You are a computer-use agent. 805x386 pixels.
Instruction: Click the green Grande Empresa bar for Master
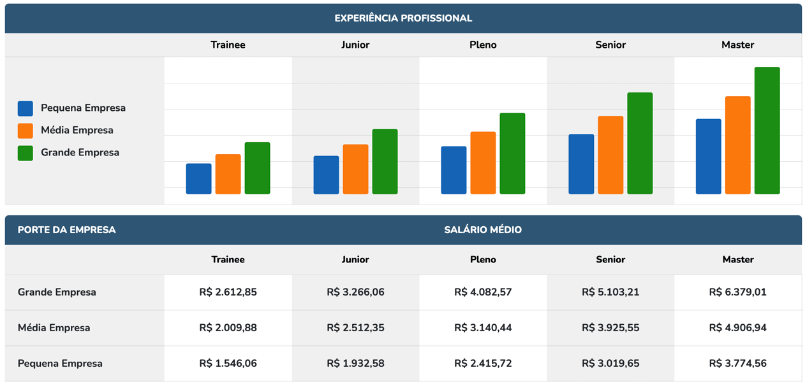point(767,131)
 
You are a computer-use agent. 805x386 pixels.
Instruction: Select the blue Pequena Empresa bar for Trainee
point(198,179)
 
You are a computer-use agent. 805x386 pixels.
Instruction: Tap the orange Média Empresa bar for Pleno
point(483,163)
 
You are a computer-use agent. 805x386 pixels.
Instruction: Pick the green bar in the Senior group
point(639,143)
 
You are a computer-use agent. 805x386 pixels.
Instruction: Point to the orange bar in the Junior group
point(355,169)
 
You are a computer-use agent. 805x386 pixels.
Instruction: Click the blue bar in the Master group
point(708,157)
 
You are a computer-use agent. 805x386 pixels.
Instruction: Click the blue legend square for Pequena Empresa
point(26,108)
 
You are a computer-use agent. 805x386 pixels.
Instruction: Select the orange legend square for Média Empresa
point(26,131)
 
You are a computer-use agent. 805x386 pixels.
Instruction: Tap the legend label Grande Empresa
point(80,153)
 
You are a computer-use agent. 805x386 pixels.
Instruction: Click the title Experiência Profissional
point(403,18)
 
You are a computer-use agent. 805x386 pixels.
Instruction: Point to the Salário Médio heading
point(483,230)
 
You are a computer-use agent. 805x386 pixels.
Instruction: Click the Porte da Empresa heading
point(66,230)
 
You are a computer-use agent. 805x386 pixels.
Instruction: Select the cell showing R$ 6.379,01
point(737,292)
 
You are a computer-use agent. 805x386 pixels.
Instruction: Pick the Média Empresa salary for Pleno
point(483,328)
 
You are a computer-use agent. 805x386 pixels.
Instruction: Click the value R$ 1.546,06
point(228,364)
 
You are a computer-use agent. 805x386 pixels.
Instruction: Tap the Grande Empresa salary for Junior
point(355,292)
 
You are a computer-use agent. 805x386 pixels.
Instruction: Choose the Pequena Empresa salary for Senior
point(610,364)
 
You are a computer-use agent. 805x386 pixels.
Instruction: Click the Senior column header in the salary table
point(610,260)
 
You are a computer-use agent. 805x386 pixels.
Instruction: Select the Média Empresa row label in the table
point(54,328)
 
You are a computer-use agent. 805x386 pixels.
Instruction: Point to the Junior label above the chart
point(355,45)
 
